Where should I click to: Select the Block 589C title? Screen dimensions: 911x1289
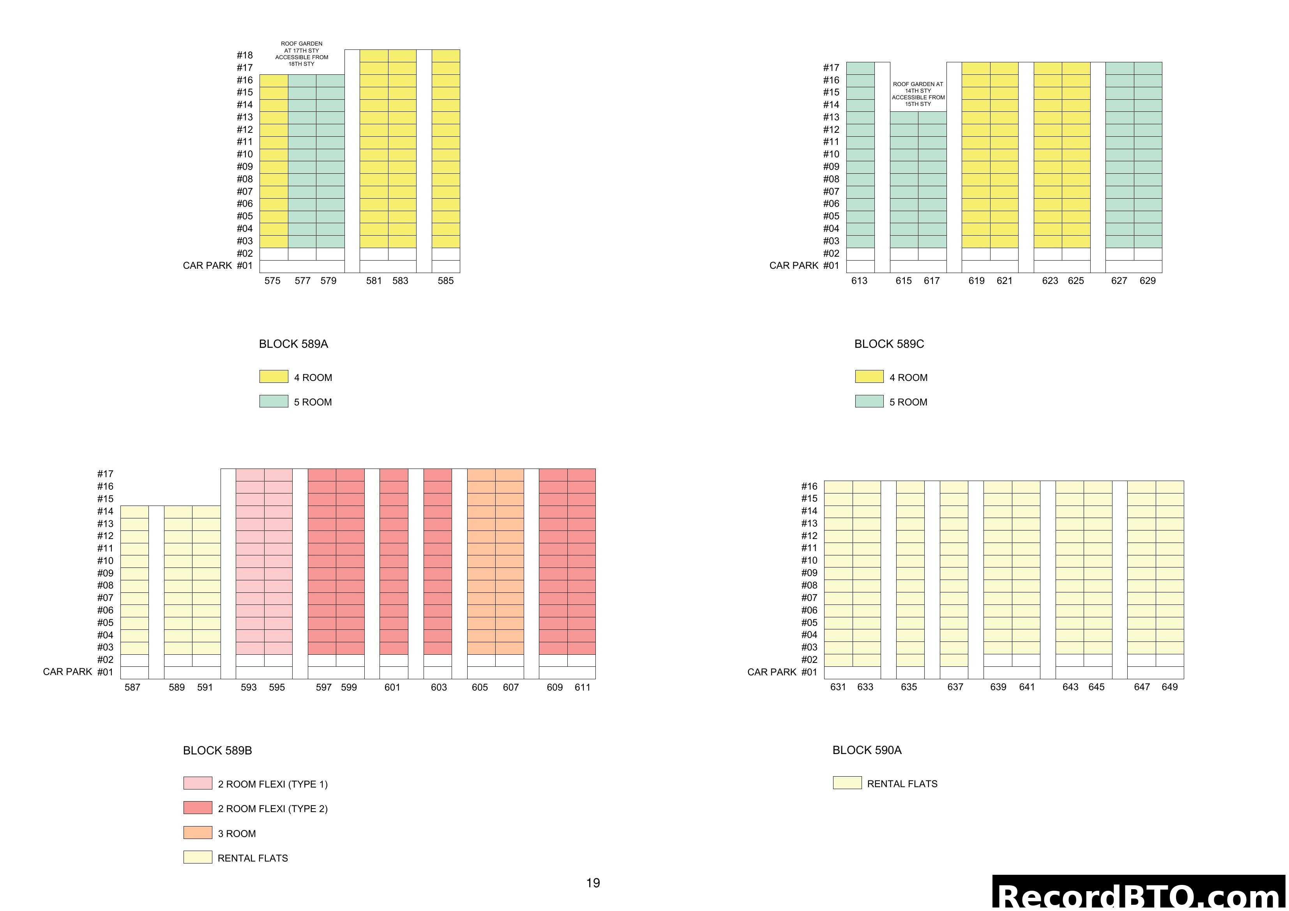pos(889,344)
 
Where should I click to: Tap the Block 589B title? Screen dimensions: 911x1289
pos(217,751)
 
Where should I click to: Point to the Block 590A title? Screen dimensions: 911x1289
pos(867,750)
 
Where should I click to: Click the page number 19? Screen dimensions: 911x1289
pos(593,883)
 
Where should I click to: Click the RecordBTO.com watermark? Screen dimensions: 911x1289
pos(1140,895)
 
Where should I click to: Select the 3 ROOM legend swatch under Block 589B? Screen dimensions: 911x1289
pos(198,832)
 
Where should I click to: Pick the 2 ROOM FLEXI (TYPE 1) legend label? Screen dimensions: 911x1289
pos(272,784)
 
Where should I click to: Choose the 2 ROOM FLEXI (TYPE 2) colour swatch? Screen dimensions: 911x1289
pos(198,808)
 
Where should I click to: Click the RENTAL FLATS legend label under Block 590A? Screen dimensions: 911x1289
pos(902,784)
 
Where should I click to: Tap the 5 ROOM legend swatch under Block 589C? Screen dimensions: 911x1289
pos(869,401)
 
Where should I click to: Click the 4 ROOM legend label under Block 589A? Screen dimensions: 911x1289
pos(313,378)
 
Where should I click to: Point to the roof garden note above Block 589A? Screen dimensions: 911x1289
pos(302,54)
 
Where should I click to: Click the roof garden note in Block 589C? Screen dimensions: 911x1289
pos(918,94)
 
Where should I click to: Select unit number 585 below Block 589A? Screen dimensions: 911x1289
pos(445,281)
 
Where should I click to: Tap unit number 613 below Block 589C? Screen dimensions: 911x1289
pos(859,281)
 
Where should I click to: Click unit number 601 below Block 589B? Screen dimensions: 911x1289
pos(392,687)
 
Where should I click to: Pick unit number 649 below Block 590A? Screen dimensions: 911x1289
pos(1169,687)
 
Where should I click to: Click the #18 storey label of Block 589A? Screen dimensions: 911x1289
pos(245,55)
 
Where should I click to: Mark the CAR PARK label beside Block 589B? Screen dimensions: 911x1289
pos(67,672)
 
